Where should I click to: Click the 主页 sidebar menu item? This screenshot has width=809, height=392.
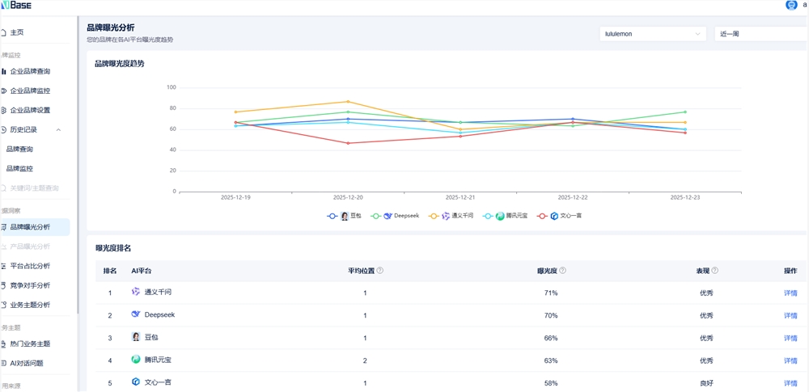pos(17,32)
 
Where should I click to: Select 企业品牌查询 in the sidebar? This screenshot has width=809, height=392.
pos(30,71)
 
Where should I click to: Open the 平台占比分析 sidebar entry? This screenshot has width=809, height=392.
pos(30,266)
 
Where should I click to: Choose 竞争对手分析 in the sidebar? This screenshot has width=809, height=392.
pos(30,285)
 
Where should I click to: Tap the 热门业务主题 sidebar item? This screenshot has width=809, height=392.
pos(30,344)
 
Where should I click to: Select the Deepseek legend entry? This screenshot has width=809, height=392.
pos(401,216)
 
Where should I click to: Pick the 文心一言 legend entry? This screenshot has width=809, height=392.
pos(565,216)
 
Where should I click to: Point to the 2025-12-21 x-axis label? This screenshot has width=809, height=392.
pos(461,197)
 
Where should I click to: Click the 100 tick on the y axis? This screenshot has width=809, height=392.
pos(171,87)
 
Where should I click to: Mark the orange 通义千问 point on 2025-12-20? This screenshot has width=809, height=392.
pos(349,102)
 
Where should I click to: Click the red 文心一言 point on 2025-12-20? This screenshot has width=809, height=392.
pos(349,143)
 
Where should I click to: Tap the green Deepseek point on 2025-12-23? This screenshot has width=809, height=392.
pos(684,112)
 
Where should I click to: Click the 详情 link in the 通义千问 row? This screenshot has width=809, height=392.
pos(790,293)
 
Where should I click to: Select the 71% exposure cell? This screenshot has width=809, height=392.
pos(551,293)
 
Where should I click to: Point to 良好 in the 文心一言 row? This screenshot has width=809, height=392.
pos(706,383)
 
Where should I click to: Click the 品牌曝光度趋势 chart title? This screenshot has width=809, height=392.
pos(120,63)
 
